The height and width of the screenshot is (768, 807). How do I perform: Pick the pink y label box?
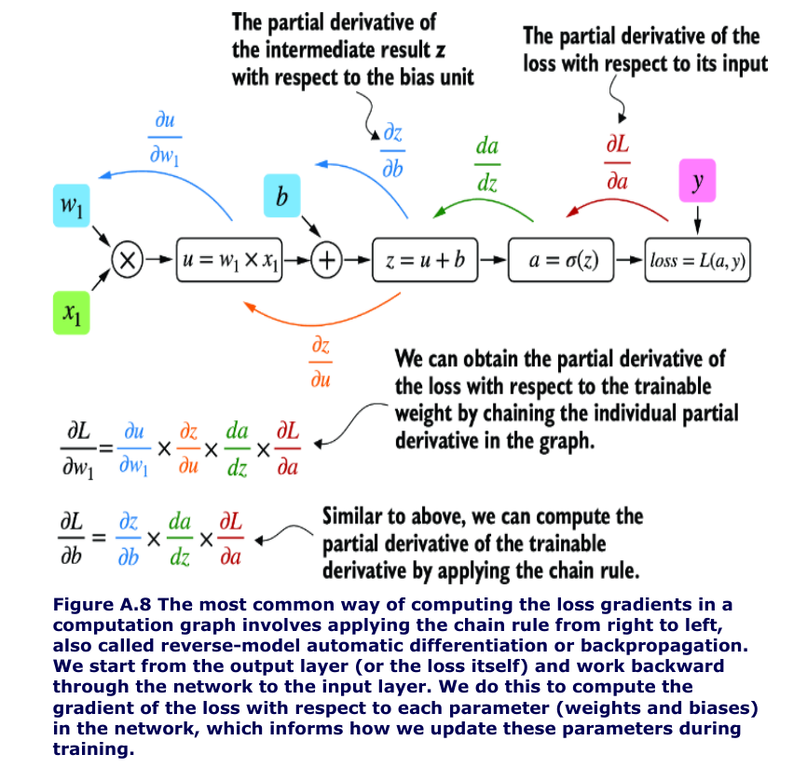tap(698, 183)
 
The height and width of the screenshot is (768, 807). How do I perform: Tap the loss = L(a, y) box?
tap(699, 261)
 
